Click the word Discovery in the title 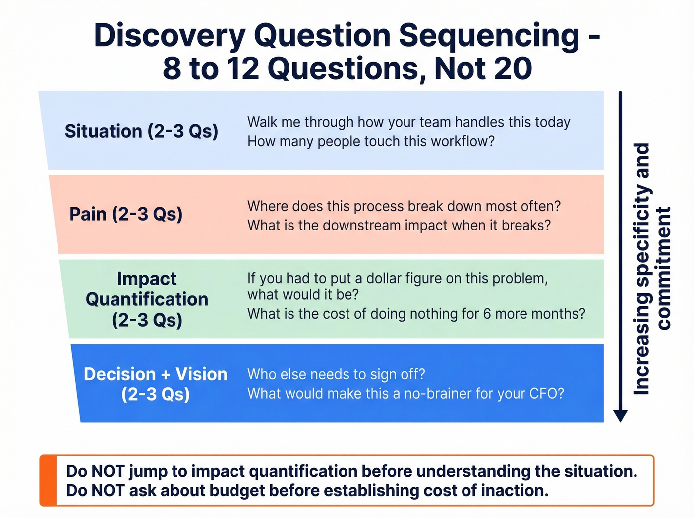(x=169, y=36)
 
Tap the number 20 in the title (x=513, y=68)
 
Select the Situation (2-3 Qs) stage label (x=141, y=131)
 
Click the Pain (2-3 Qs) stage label (x=126, y=214)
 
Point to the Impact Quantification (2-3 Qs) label (x=147, y=299)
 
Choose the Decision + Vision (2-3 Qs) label (x=155, y=384)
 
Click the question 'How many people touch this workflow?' (x=371, y=142)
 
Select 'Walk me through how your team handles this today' (x=408, y=122)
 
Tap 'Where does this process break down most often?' (x=404, y=206)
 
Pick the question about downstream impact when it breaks (x=399, y=226)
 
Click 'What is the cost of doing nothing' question (x=416, y=314)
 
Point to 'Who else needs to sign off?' (x=336, y=374)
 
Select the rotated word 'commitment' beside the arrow (x=663, y=268)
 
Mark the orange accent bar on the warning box (x=48, y=480)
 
